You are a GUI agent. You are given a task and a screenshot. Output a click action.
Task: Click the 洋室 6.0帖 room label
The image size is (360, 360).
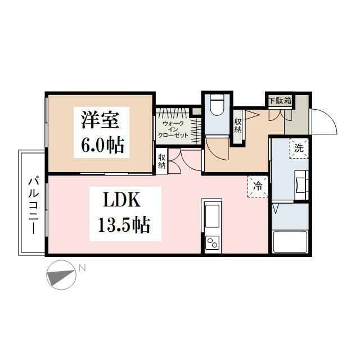point(101,132)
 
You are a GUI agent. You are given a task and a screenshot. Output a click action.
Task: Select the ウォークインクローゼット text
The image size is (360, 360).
point(173,129)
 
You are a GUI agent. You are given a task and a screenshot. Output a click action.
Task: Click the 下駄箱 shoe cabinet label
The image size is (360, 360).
point(280,101)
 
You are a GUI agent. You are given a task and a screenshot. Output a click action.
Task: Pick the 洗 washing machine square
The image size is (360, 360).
point(299,148)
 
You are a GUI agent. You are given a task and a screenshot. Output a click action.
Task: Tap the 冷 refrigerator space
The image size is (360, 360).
point(258,186)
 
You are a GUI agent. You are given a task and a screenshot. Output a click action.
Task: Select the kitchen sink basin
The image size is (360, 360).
point(212,216)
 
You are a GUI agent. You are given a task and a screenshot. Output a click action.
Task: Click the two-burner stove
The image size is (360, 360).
point(212,242)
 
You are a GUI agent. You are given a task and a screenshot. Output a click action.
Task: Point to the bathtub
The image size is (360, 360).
point(290,241)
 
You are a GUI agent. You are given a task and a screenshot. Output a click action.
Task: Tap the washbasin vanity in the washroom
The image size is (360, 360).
point(301,185)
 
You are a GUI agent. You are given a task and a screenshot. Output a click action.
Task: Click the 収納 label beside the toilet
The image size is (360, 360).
point(238,126)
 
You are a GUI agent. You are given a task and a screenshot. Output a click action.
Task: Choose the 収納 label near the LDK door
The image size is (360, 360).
point(161,161)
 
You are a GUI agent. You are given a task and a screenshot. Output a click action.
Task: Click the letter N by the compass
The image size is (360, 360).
point(82,268)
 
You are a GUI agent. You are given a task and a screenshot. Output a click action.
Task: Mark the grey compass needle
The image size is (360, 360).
point(61,276)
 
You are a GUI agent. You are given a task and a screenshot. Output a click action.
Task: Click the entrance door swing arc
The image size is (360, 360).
point(331,116)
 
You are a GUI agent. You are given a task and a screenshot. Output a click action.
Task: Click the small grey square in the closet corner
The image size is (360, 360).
point(196,111)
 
